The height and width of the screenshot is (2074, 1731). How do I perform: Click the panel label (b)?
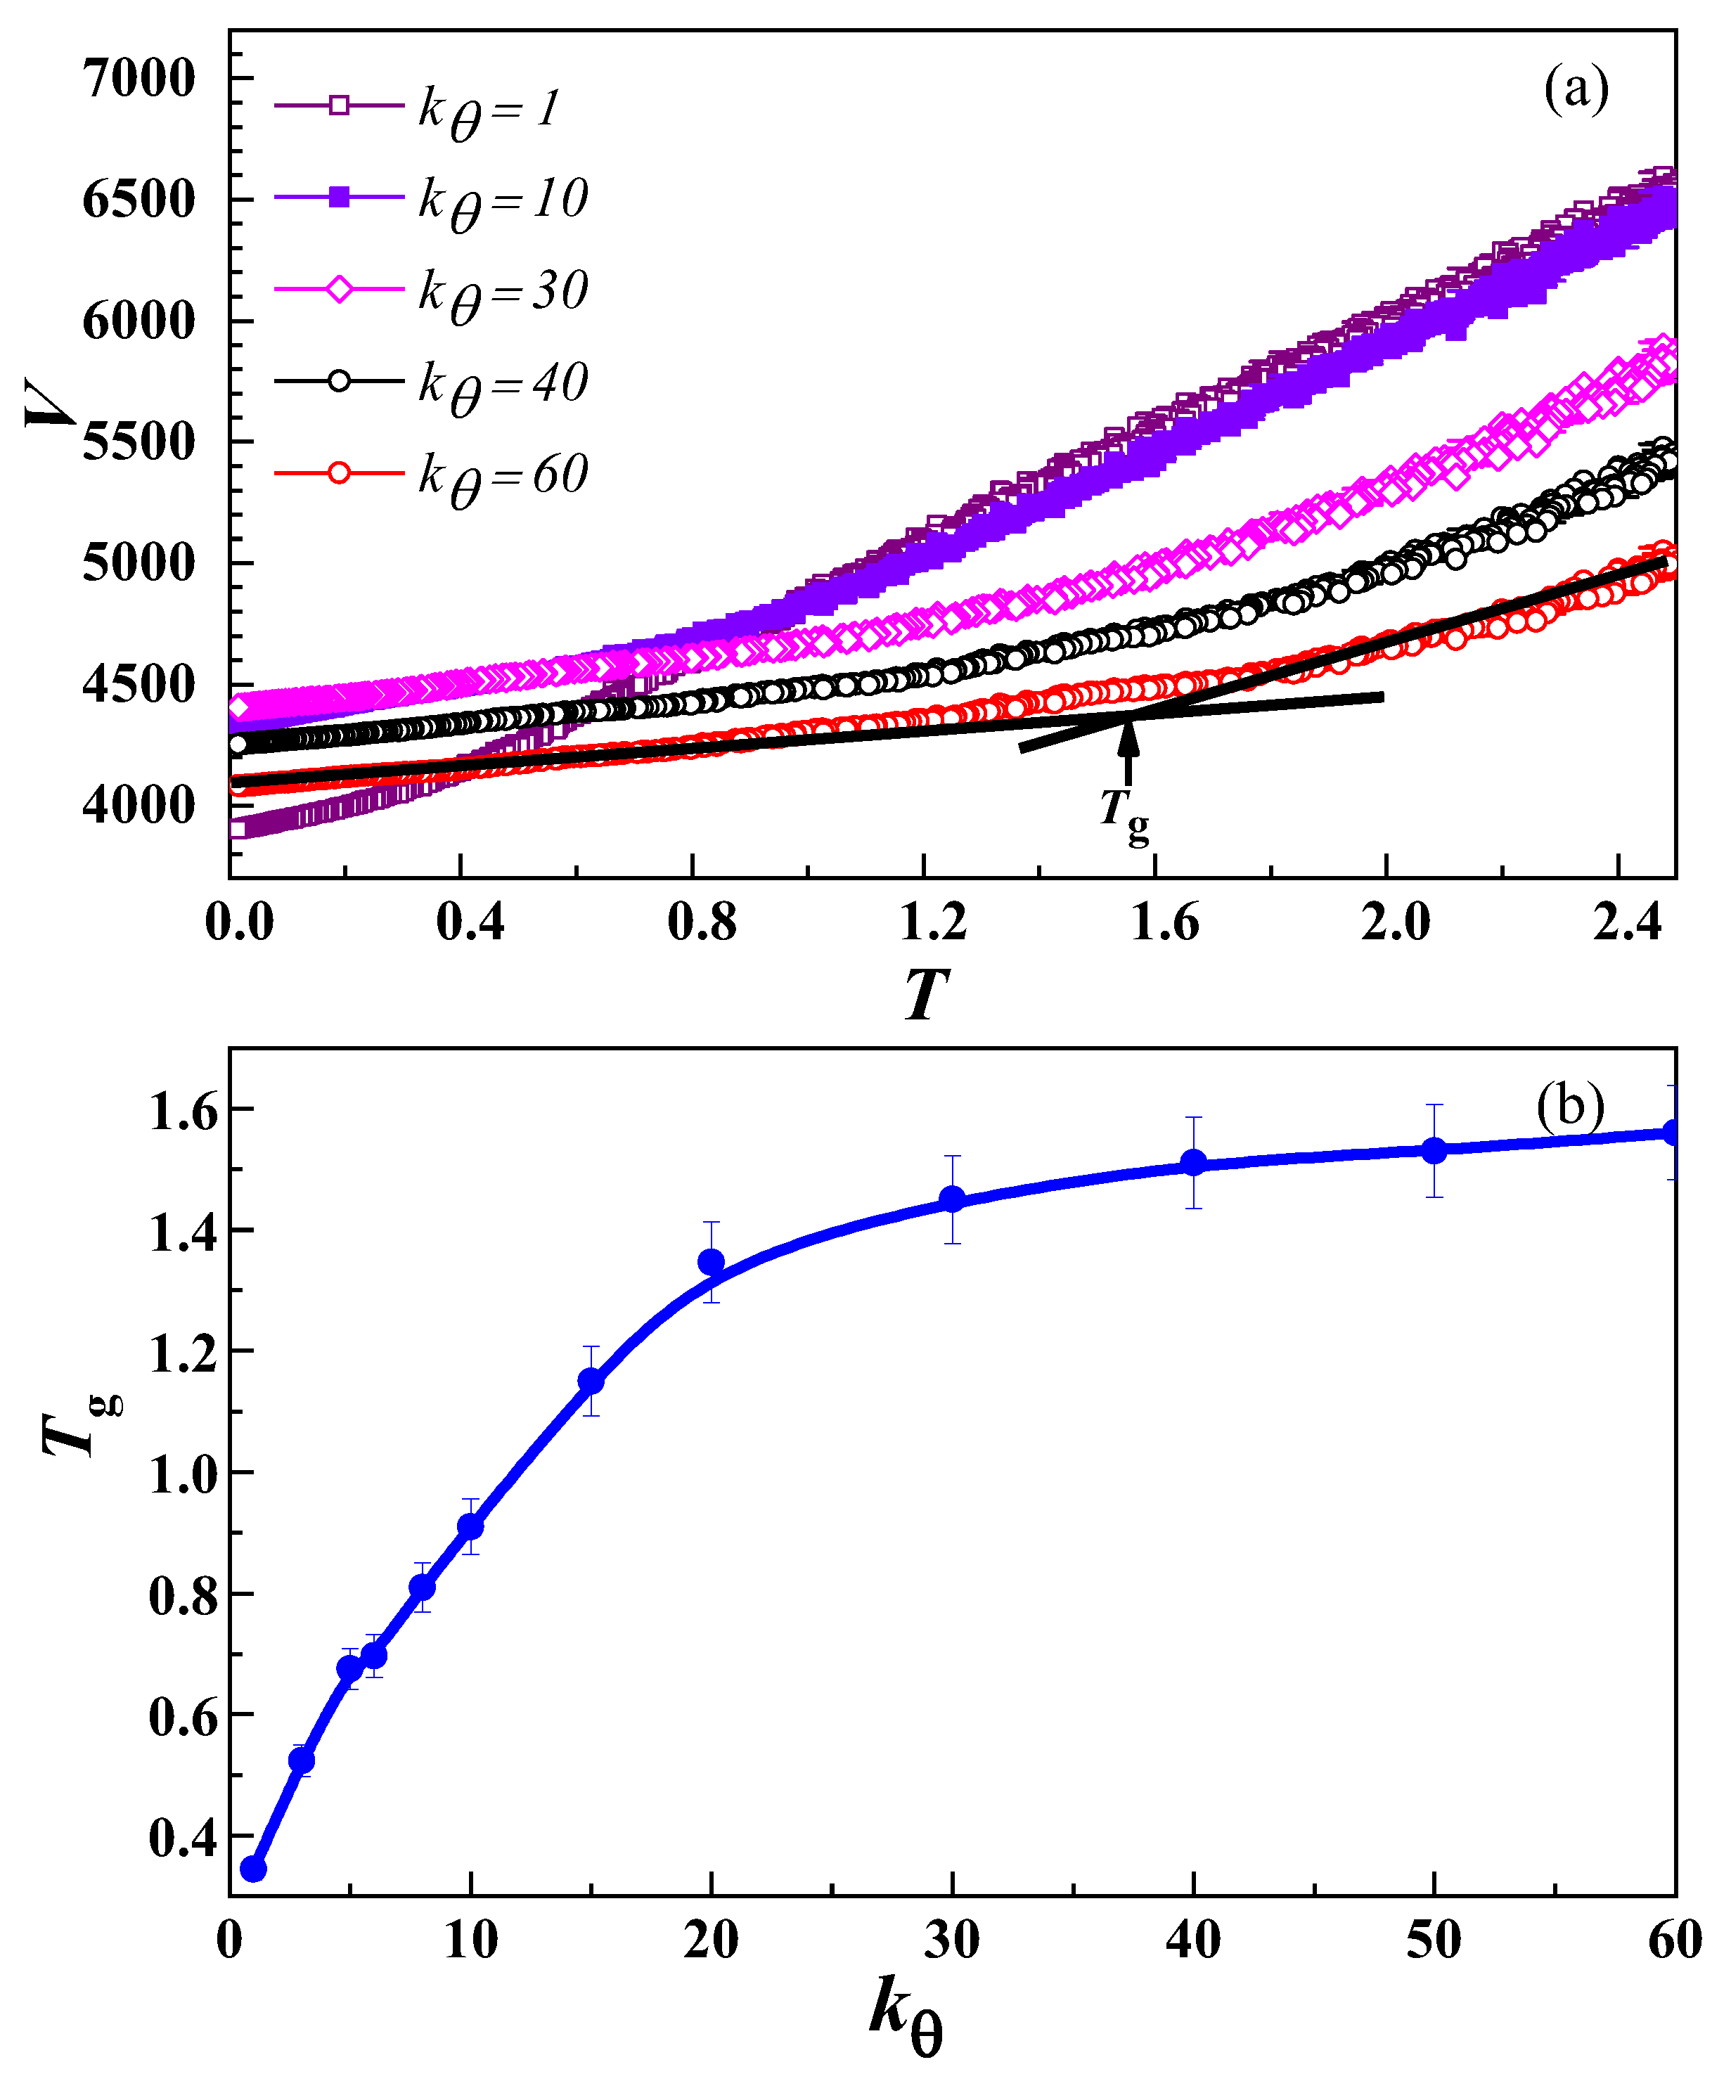[x=1569, y=1107]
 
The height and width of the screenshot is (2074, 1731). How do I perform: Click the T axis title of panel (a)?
[x=926, y=995]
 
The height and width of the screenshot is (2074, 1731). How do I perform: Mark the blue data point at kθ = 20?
[x=711, y=1262]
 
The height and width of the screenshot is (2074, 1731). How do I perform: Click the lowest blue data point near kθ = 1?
[x=254, y=1869]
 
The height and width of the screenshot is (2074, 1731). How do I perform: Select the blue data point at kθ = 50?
[x=1434, y=1151]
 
